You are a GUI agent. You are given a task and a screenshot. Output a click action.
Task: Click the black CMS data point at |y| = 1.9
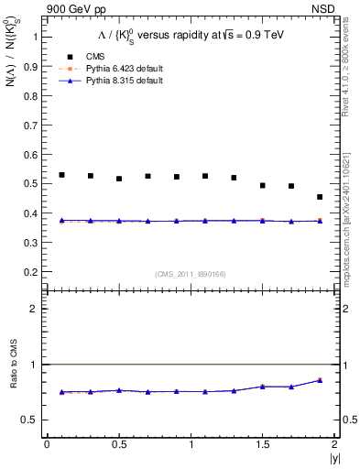pyautogui.click(x=320, y=197)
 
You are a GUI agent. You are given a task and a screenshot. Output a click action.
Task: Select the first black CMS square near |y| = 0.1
pyautogui.click(x=61, y=175)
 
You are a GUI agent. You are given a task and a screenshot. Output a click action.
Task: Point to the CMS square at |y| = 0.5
pyautogui.click(x=119, y=179)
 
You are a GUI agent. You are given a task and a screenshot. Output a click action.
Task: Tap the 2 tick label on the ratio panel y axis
pyautogui.click(x=35, y=309)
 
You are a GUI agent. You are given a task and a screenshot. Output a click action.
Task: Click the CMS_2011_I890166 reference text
pyautogui.click(x=191, y=273)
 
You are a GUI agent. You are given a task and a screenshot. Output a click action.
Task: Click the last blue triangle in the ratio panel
pyautogui.click(x=320, y=380)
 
